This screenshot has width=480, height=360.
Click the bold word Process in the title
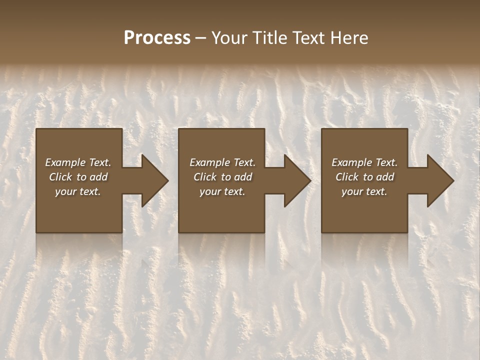(157, 38)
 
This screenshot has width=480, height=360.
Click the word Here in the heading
(349, 38)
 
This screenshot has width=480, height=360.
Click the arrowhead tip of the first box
(167, 181)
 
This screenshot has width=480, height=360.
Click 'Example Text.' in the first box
(78, 162)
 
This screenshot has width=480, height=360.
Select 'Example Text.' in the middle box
(222, 162)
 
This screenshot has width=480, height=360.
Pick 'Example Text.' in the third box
(364, 162)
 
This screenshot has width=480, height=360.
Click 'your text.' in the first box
(78, 191)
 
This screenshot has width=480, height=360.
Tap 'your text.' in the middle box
(222, 191)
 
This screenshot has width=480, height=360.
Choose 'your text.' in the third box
(364, 191)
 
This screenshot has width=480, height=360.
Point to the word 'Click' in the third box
(347, 177)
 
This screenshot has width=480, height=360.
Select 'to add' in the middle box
(236, 177)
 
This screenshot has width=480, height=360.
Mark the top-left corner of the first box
(36, 129)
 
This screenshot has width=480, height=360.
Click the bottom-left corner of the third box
(322, 232)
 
